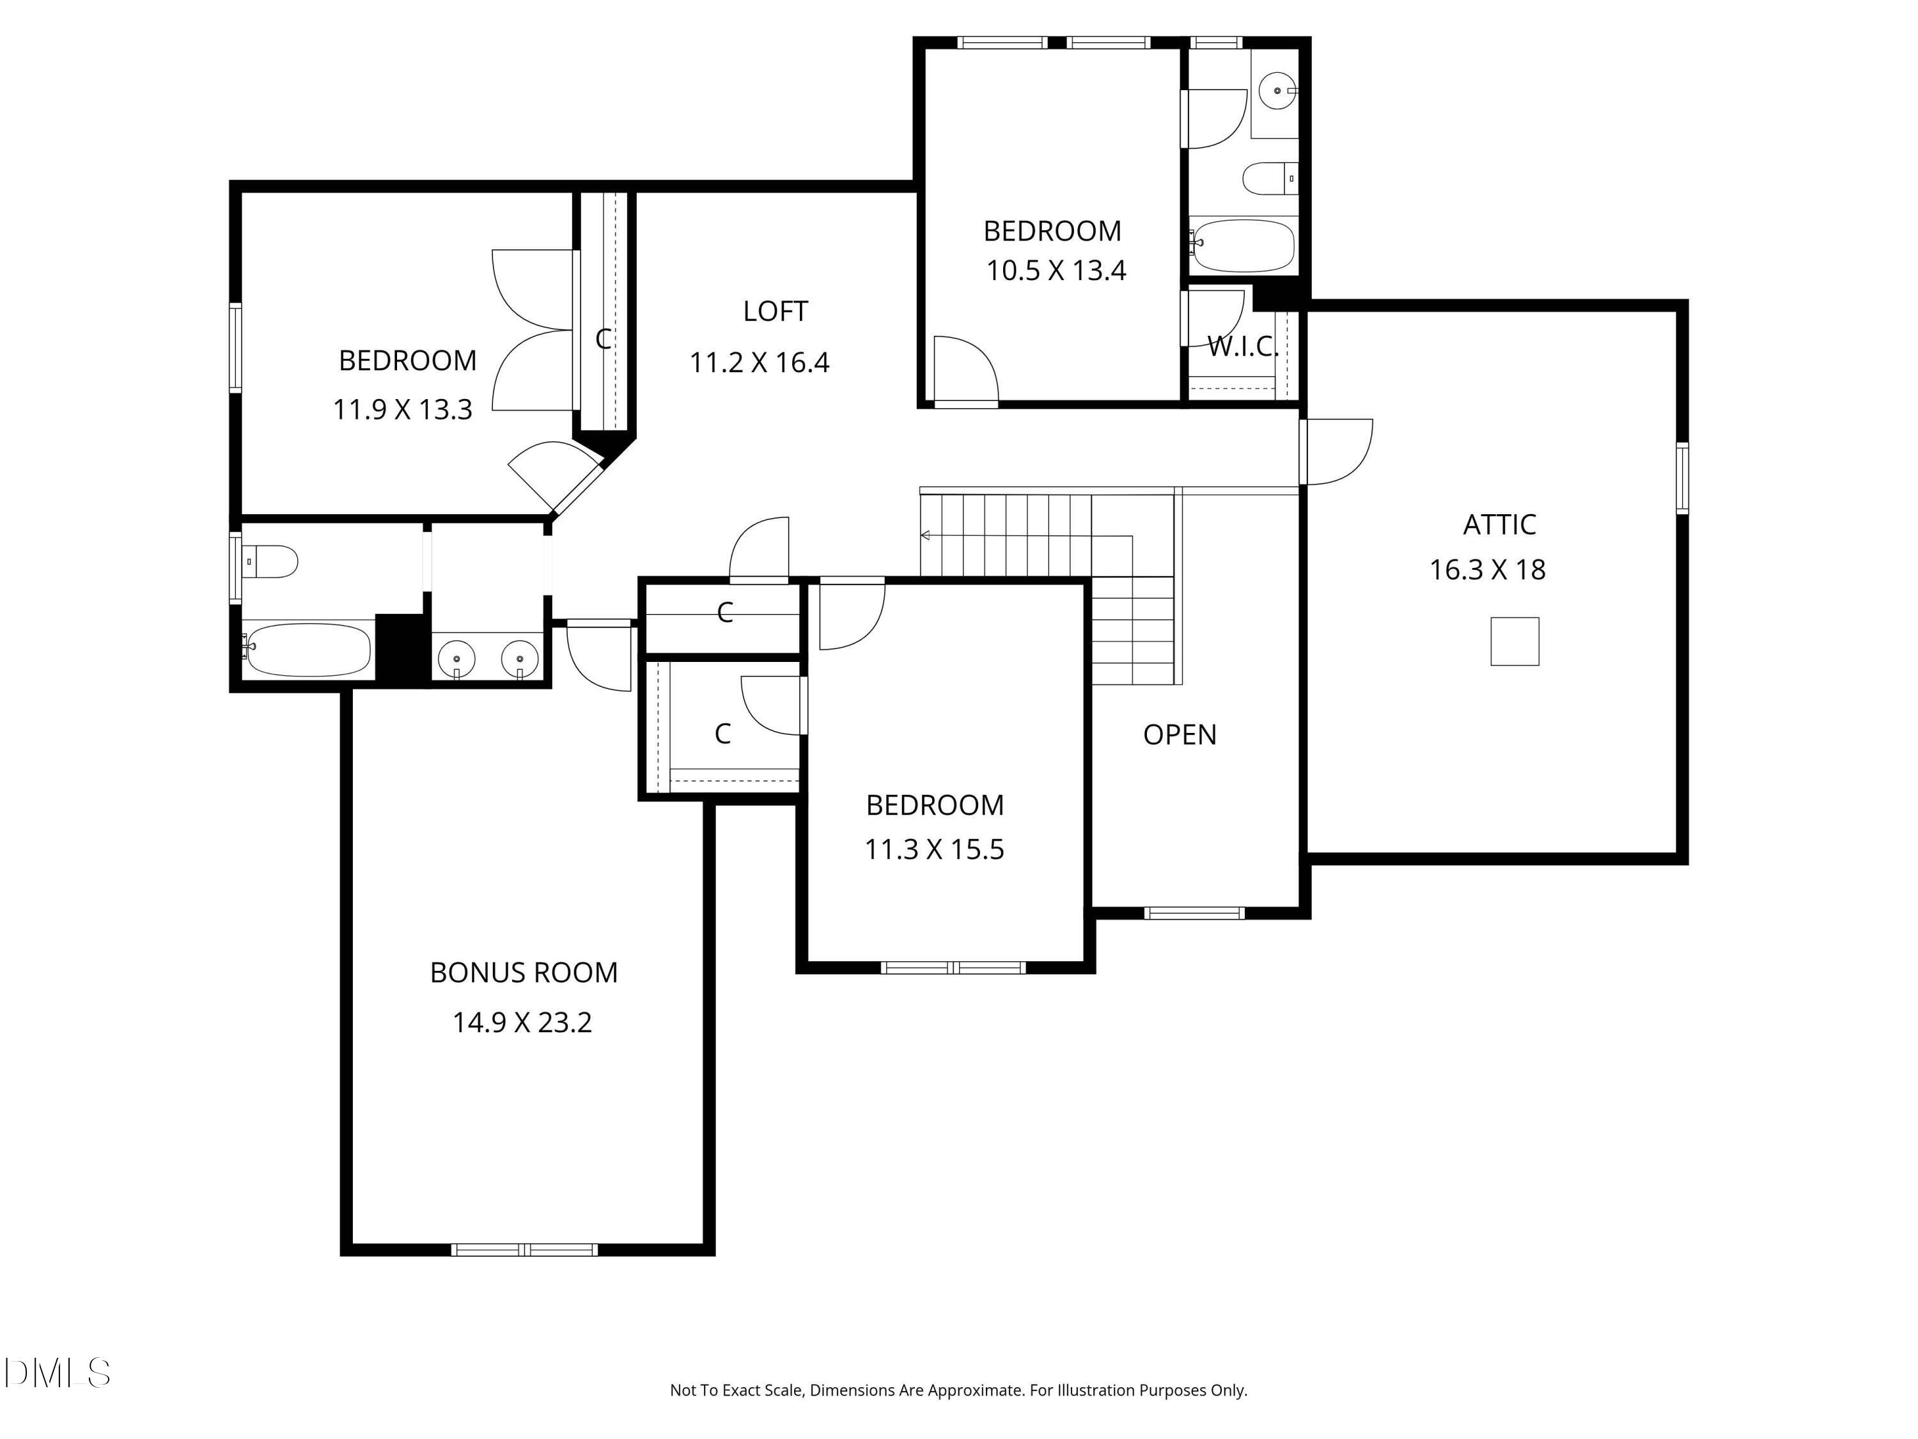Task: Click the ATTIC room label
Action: [x=1499, y=525]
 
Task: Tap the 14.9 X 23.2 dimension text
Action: [x=522, y=1023]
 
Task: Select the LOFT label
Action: [x=775, y=311]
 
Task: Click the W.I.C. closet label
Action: [x=1242, y=347]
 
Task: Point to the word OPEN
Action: [x=1179, y=735]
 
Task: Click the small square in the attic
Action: [x=1514, y=642]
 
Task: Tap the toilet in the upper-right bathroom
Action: [x=1268, y=178]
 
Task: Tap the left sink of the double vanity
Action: [x=456, y=659]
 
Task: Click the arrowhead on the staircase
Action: [x=925, y=535]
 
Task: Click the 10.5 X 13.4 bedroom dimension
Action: [x=1056, y=271]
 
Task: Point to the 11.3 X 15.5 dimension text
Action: [x=934, y=849]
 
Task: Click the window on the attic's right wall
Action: [x=1681, y=478]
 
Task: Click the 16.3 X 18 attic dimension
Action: [x=1486, y=570]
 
